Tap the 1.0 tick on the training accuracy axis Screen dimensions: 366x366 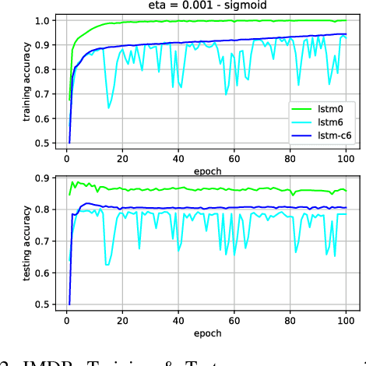(45, 20)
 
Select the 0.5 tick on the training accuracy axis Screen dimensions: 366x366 (45, 143)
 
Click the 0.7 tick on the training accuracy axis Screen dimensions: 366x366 (45, 94)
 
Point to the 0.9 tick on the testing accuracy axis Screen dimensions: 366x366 (45, 178)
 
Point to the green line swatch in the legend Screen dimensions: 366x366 (300, 108)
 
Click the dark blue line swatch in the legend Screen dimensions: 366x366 (300, 135)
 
